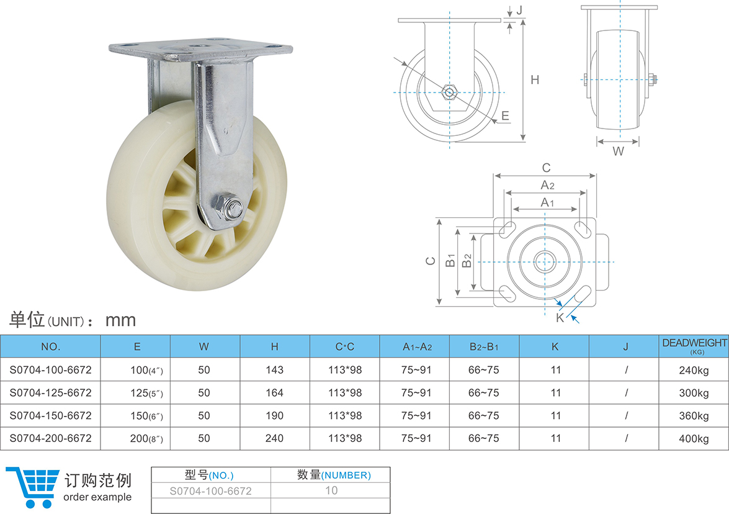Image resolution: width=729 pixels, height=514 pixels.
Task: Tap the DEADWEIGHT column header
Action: coord(694,343)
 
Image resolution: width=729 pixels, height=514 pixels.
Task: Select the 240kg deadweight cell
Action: coord(694,370)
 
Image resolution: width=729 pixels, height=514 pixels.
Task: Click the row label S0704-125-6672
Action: coord(50,393)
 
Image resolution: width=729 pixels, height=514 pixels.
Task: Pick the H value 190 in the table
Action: coord(274,416)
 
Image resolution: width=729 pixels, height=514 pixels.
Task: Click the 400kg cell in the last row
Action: coord(694,439)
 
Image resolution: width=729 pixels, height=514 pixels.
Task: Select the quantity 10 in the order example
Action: coord(331,490)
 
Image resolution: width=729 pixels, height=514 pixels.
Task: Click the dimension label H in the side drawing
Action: coord(534,79)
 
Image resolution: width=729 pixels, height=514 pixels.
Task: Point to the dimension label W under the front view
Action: coord(618,151)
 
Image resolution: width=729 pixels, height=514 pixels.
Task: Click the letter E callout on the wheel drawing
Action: coord(505,115)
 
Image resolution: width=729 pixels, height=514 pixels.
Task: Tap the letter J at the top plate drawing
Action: coord(519,10)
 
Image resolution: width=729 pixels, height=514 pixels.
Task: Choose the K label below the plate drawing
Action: coord(560,317)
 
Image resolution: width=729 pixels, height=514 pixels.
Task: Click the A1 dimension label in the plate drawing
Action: coord(546,202)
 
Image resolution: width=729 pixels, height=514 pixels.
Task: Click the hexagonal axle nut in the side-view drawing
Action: coord(449,92)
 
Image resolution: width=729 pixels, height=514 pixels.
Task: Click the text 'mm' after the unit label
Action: coord(120,320)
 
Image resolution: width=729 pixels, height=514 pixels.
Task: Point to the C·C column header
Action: coord(344,347)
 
